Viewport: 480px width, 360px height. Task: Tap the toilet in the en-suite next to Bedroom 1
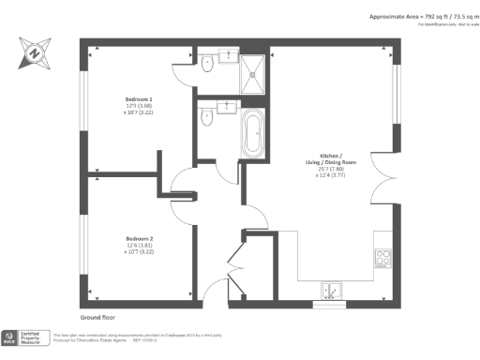(x=206, y=64)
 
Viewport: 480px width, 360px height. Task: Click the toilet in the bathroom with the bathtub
(x=206, y=119)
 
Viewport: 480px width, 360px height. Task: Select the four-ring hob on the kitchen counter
(x=382, y=256)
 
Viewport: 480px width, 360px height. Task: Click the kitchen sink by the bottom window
(x=330, y=289)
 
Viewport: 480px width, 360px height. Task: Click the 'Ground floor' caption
(x=98, y=318)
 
